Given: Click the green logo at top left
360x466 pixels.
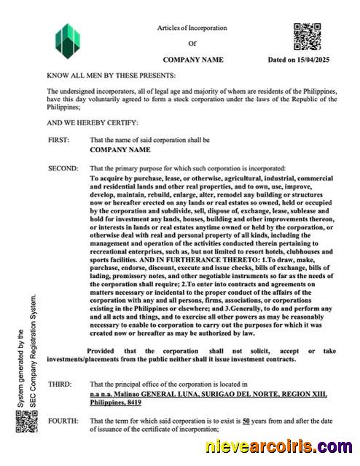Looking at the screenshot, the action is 68,42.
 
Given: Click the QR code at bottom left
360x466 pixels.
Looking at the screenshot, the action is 26,422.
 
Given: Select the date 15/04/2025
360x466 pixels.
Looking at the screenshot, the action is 314,60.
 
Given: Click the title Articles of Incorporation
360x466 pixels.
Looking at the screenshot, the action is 192,28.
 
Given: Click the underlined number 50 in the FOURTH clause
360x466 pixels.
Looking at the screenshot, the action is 246,421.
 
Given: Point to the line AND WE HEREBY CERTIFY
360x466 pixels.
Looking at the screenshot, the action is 92,122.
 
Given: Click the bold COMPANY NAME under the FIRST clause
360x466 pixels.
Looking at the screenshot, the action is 120,149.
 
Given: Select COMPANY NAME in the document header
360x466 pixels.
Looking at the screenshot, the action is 192,60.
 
